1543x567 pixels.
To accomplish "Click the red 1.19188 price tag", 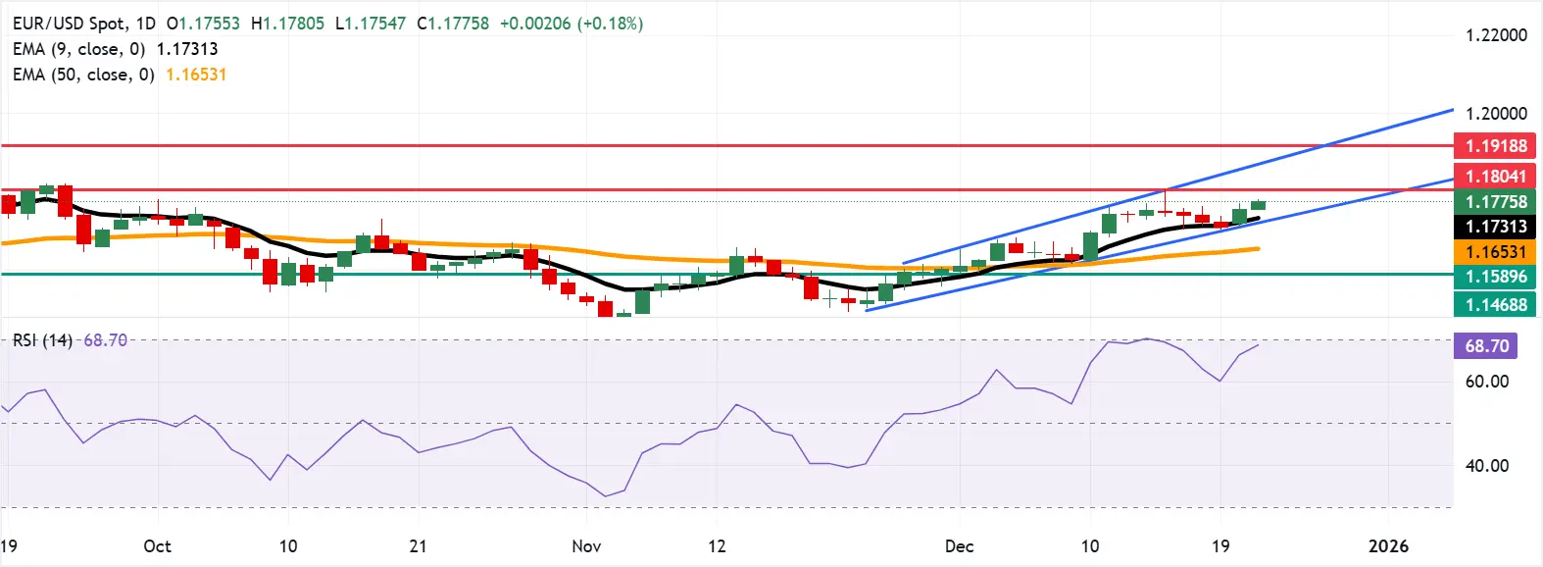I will [1495, 146].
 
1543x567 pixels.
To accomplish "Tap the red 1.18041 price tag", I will [1495, 176].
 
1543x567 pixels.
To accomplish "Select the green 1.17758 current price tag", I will [1495, 201].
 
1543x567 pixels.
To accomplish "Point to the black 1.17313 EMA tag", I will [1495, 227].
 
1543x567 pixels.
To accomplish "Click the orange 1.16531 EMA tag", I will [1495, 252].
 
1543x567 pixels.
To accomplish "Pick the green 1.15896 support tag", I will [1495, 277].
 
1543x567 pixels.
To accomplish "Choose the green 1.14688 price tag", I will [1495, 304].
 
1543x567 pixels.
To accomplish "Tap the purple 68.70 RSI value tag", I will [1486, 346].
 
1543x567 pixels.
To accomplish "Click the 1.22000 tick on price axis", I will [1495, 35].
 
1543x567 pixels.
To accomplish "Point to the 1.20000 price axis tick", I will [1495, 114].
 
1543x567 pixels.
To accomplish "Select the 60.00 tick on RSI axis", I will [1486, 382].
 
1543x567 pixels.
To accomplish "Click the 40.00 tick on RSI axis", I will [1486, 466].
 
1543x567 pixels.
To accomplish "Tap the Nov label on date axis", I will [586, 546].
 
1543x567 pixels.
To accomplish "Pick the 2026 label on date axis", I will [1388, 546].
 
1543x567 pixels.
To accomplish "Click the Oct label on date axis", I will [157, 546].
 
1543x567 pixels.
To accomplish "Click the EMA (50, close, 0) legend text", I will [83, 75].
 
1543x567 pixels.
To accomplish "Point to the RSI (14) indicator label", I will [42, 340].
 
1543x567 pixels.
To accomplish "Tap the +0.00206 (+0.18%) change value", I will [571, 24].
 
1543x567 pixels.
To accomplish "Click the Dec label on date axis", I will [959, 546].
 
